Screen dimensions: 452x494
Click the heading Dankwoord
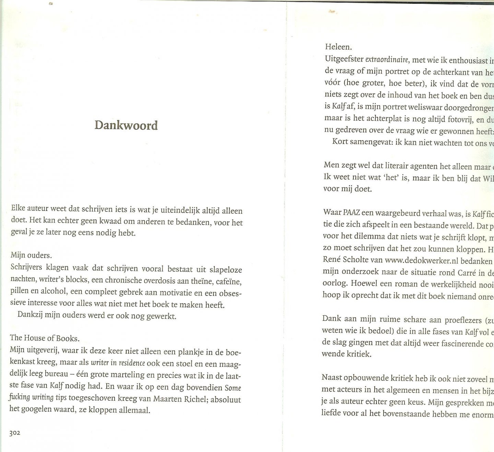[126, 125]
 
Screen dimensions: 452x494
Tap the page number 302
[15, 433]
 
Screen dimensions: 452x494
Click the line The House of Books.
[45, 338]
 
